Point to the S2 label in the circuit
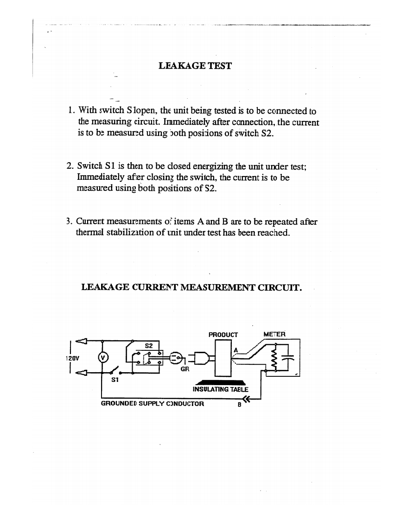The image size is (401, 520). pyautogui.click(x=149, y=345)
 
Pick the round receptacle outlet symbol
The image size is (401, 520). pyautogui.click(x=176, y=357)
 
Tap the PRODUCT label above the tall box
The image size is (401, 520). pyautogui.click(x=223, y=334)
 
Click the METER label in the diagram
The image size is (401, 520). pyautogui.click(x=275, y=334)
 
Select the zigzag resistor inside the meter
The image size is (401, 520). pyautogui.click(x=276, y=357)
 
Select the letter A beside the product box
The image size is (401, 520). pyautogui.click(x=236, y=349)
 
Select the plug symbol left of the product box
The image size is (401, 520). pyautogui.click(x=203, y=357)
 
